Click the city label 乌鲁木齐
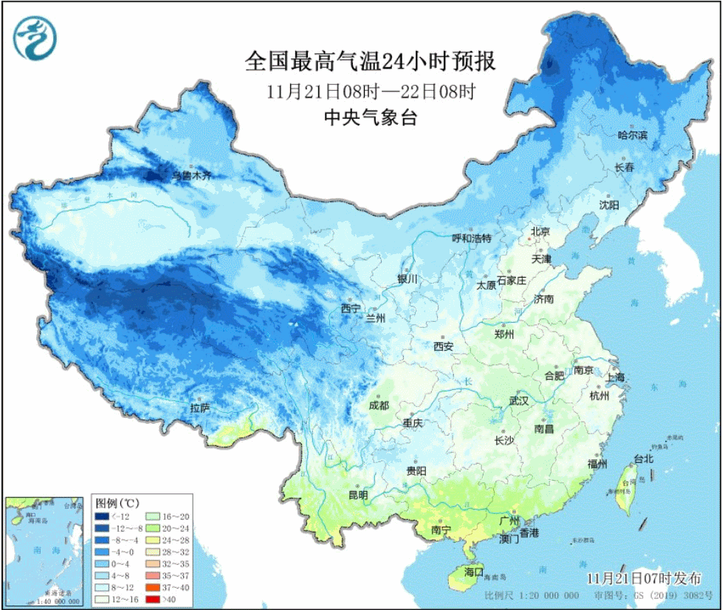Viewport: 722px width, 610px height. (191, 176)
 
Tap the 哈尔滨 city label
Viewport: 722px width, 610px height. (632, 135)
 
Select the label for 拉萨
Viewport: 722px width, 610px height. (199, 408)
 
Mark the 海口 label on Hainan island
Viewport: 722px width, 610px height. (472, 572)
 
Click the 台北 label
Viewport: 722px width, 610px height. (643, 459)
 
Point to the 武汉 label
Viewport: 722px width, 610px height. (518, 401)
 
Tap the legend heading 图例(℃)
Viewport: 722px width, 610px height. (117, 501)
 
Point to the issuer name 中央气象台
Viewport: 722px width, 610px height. (370, 117)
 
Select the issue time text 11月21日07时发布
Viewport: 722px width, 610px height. (644, 578)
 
